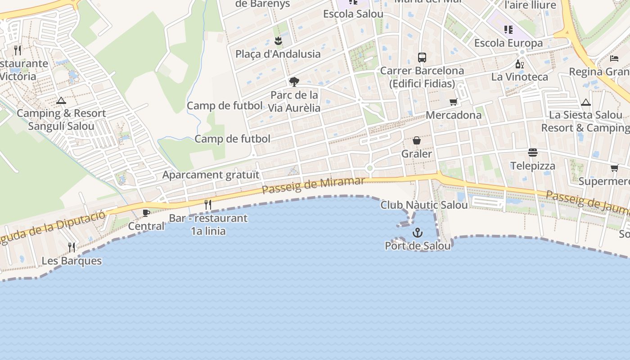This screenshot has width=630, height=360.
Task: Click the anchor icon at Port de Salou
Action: [x=418, y=233]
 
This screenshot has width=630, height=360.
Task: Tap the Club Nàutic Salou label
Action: [x=424, y=205]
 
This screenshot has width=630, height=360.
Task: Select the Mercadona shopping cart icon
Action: [x=453, y=102]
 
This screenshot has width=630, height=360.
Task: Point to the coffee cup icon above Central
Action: [x=146, y=213]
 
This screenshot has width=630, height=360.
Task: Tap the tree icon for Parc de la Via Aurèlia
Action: [x=294, y=82]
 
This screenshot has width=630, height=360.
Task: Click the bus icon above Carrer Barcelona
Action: [x=422, y=58]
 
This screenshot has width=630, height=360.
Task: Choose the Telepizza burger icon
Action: [x=533, y=153]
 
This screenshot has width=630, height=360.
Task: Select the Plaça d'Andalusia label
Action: [x=278, y=54]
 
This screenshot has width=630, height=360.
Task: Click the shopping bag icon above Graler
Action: [x=417, y=141]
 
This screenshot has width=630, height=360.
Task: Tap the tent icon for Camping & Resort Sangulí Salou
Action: [x=61, y=100]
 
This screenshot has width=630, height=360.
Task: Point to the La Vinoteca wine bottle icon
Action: [x=520, y=64]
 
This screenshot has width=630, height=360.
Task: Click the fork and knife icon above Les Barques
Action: [x=72, y=247]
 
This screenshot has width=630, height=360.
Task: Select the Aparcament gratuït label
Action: [x=211, y=175]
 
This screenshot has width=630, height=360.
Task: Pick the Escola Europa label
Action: [x=508, y=43]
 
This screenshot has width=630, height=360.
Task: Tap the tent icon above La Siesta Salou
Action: [x=585, y=102]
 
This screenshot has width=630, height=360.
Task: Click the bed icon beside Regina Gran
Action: [x=614, y=58]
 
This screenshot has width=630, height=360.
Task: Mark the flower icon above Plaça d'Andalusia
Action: [x=278, y=41]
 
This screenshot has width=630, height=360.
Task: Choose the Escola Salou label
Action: [x=353, y=14]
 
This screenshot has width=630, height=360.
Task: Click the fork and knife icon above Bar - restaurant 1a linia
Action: [x=208, y=205]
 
